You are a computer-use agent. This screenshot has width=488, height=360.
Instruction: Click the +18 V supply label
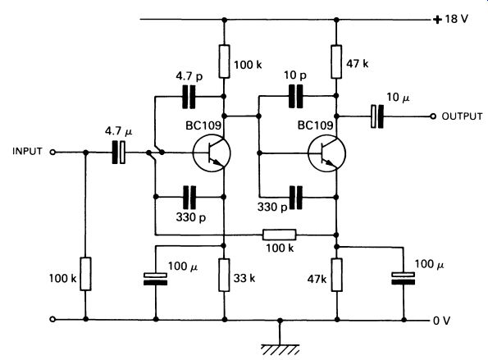coord(450,20)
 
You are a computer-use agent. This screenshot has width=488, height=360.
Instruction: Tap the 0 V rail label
coord(441,321)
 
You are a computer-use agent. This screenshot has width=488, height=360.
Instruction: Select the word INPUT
coord(27,151)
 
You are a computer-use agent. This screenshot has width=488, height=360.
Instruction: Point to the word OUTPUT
coord(462,116)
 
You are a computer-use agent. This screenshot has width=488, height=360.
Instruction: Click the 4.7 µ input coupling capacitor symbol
coord(119,153)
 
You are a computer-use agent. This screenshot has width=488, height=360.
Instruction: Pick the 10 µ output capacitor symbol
coord(377,116)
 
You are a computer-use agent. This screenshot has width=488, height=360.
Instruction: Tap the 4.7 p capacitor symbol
coord(189,97)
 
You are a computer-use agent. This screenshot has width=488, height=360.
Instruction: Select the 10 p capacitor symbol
coord(295,97)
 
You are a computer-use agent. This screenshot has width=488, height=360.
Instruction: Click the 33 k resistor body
coord(224,275)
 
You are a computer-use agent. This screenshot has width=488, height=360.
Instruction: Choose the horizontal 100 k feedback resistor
coord(280,235)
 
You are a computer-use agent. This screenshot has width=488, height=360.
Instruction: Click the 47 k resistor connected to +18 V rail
coord(336,62)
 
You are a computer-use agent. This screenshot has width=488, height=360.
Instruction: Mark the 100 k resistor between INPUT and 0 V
coord(86,274)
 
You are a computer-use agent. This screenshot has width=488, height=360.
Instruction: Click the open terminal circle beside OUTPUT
coord(433,116)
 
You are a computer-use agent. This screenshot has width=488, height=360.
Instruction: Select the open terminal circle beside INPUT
coord(53,153)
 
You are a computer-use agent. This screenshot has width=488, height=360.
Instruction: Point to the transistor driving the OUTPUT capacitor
coord(326,153)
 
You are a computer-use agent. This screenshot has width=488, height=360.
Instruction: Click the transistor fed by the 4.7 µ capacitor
coord(212,153)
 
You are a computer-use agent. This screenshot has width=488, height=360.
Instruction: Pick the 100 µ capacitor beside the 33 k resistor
coord(156,279)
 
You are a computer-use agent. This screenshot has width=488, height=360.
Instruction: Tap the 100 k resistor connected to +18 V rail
coord(224,62)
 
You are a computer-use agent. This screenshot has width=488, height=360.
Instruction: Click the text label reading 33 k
coord(244,278)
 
